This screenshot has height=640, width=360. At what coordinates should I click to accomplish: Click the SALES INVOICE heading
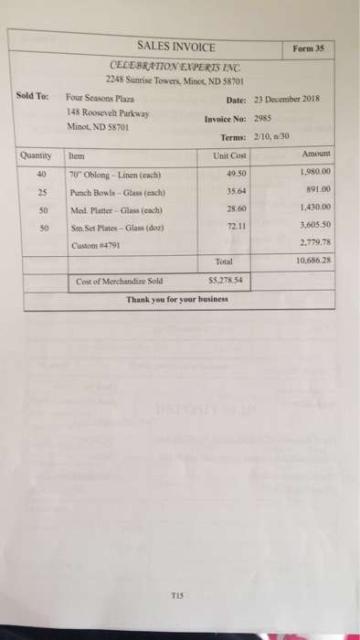coord(176,46)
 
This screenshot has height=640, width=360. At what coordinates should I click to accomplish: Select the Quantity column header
coord(37,155)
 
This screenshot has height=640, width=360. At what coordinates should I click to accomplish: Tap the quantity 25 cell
coord(42,193)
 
